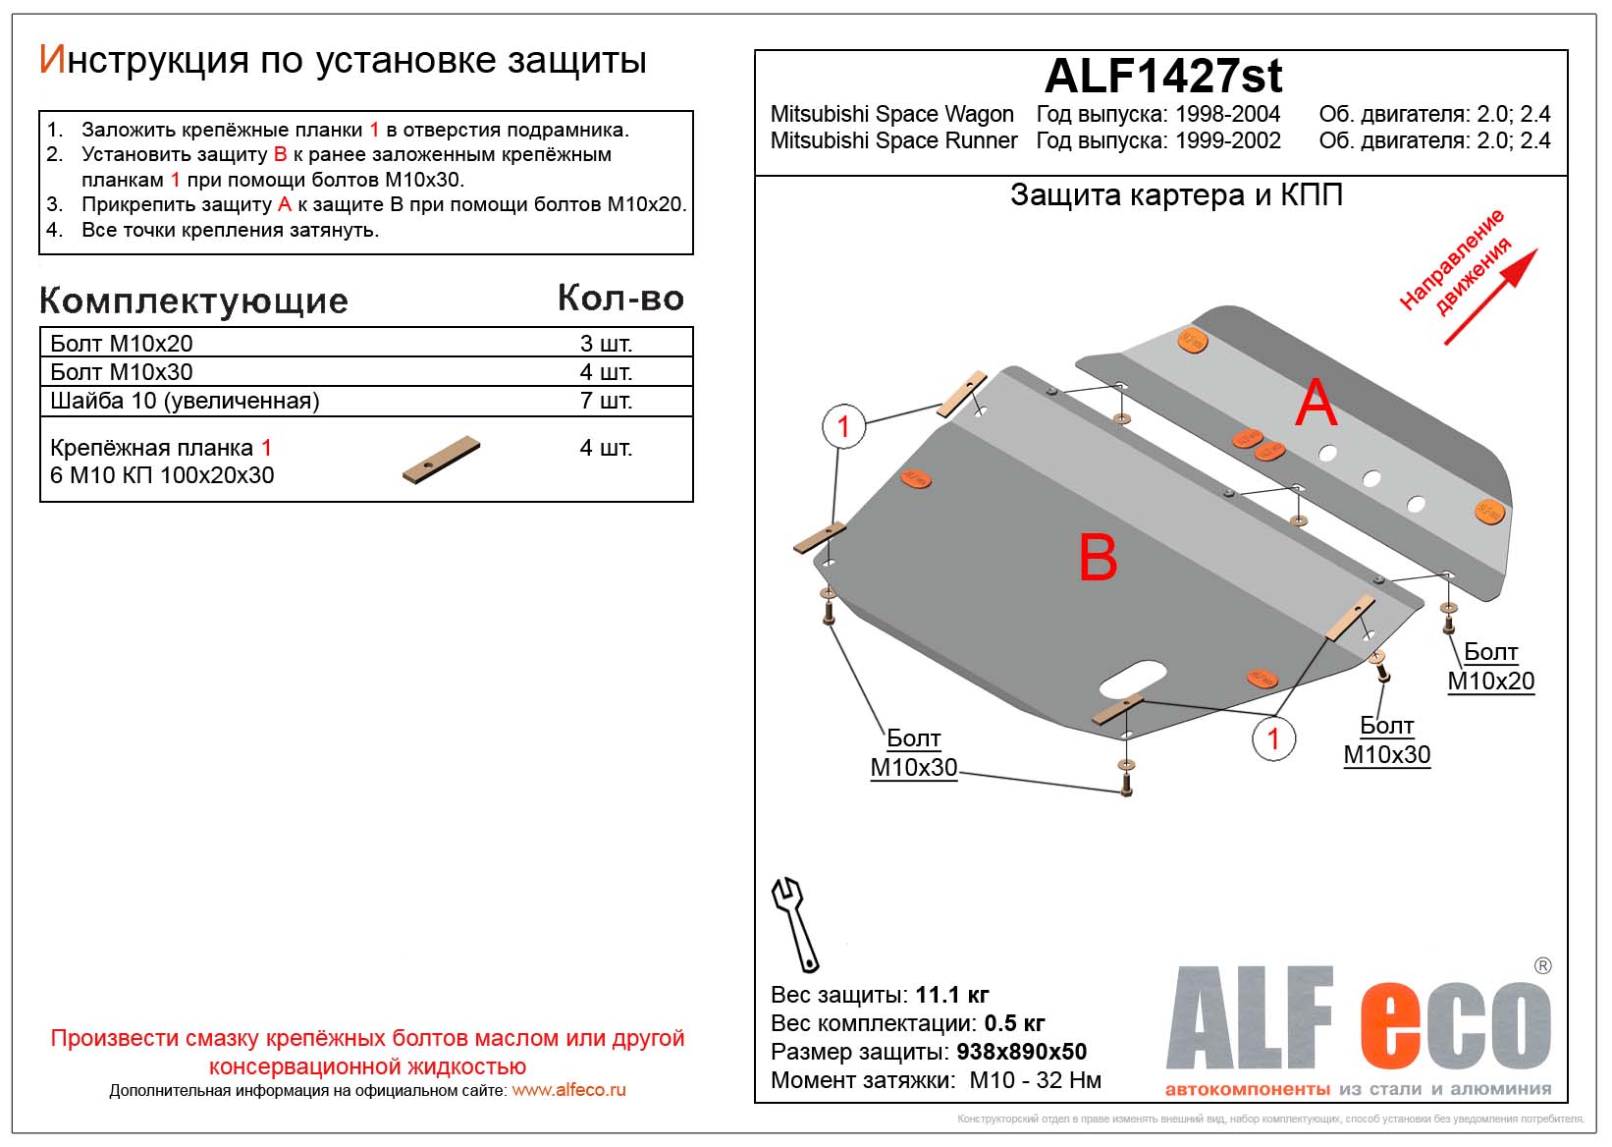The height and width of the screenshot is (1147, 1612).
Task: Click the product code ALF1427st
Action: point(1162,76)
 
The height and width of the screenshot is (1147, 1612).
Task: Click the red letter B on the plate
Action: point(1098,558)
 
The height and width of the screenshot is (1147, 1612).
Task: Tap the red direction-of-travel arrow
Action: point(1489,297)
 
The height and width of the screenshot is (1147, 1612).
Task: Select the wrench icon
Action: point(794,924)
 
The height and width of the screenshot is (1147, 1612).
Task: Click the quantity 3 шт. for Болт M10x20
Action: point(606,344)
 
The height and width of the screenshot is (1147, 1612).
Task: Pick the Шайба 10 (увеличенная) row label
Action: point(185,401)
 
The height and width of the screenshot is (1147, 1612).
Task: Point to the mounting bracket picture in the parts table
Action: point(441,460)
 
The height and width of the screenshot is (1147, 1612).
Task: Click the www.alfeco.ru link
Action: point(568,1090)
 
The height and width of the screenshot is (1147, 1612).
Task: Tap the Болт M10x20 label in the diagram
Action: point(1490,666)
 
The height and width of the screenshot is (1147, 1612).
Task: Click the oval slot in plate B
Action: point(1133,678)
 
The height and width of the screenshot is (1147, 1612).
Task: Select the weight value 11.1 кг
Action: point(951,995)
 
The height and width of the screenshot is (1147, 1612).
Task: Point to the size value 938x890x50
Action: point(1021,1052)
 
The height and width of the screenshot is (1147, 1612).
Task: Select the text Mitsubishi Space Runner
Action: point(893,140)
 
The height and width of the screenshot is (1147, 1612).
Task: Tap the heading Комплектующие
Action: point(193,300)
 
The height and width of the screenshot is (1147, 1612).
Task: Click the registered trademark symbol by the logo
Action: point(1542,966)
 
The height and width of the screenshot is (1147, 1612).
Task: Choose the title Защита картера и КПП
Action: point(1176,195)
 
